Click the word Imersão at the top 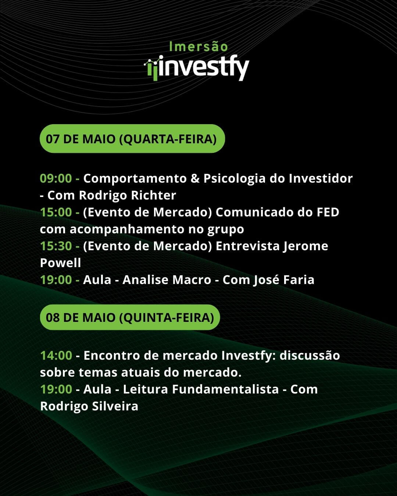point(198,46)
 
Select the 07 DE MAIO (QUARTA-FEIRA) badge point(132,139)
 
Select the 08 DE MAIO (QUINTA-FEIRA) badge point(130,317)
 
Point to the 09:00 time point(56,179)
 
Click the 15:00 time point(56,212)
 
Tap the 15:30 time point(56,246)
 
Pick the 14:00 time point(56,355)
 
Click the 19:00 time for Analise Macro point(56,280)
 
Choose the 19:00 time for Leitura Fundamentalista point(56,389)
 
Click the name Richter point(153,195)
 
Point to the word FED point(328,212)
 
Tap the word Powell point(60,263)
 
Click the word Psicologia point(235,179)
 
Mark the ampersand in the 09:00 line point(195,179)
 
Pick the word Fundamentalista point(225,389)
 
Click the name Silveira point(115,406)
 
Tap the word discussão point(310,355)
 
